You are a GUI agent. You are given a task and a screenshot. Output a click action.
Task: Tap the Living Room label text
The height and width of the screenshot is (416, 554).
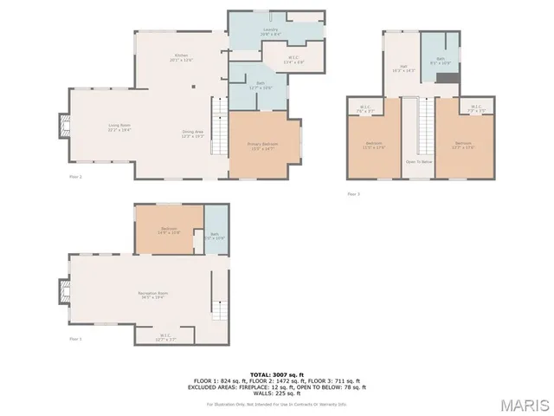[119, 127]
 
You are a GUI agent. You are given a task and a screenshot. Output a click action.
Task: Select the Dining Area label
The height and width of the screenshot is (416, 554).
[191, 133]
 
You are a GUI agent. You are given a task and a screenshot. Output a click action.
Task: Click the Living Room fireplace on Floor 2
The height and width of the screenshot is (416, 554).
[64, 127]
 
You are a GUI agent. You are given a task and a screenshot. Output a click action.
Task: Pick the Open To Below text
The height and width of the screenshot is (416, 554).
[419, 161]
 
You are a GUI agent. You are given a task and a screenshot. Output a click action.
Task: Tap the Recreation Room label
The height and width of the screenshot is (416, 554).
[152, 294]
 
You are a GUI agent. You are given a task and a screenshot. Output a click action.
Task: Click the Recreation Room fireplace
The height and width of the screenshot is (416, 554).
[64, 289]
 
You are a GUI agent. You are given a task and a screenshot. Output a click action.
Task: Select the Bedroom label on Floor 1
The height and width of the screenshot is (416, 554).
[169, 230]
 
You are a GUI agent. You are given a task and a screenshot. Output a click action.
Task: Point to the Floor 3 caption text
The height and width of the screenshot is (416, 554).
[353, 193]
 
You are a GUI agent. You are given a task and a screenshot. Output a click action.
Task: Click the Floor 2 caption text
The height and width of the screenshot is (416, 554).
[75, 176]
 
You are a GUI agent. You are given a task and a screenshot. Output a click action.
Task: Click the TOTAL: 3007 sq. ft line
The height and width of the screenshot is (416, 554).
[276, 374]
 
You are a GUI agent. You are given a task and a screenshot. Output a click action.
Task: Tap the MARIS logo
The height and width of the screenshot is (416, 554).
[523, 404]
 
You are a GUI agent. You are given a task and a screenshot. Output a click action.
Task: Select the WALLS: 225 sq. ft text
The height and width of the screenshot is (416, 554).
[276, 393]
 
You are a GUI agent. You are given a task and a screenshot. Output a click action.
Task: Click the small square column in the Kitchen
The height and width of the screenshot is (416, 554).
[193, 86]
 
